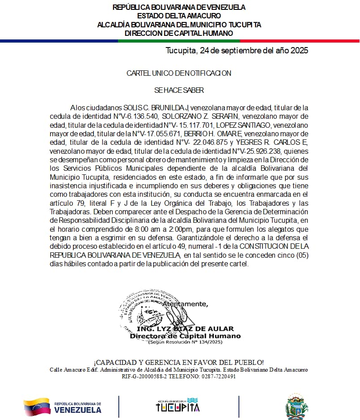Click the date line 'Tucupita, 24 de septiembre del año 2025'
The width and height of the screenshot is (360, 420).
[x=237, y=51]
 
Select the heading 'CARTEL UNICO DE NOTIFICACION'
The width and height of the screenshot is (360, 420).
[x=179, y=73]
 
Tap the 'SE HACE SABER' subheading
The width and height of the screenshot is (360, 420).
[x=179, y=90]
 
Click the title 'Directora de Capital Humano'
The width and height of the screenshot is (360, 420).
[x=185, y=336]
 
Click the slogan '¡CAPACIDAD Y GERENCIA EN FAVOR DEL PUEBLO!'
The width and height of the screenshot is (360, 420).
[x=179, y=362]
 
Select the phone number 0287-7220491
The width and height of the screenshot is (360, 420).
[x=217, y=377]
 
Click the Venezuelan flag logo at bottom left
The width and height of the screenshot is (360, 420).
[x=37, y=407]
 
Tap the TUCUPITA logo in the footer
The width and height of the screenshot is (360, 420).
[x=178, y=405]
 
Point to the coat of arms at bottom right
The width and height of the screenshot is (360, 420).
[x=296, y=407]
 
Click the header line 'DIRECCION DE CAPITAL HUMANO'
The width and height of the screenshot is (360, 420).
[x=179, y=33]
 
